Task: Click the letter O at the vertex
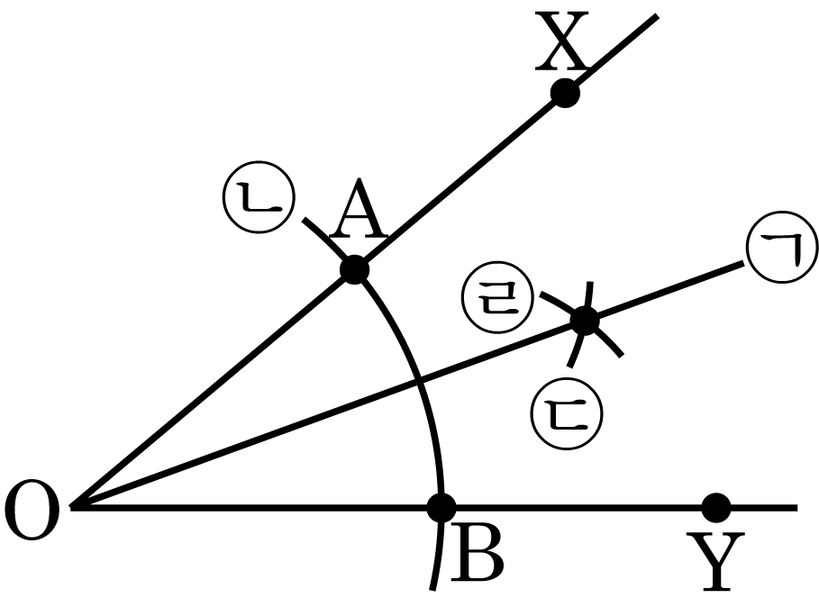coord(32,511)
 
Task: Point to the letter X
coord(561,41)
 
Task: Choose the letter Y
coord(716,562)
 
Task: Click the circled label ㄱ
coord(781,248)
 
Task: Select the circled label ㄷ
coord(568,414)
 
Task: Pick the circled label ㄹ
coord(497,297)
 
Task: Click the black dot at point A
coord(355,270)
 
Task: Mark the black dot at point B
coord(441,507)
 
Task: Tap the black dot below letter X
coord(565,94)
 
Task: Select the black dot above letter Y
coord(715,507)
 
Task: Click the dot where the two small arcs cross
coord(586,321)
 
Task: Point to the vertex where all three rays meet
coord(72,507)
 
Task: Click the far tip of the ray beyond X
coord(657,16)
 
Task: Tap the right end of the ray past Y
coord(797,507)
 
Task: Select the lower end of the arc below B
coord(432,591)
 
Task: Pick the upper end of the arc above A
coord(304,220)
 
